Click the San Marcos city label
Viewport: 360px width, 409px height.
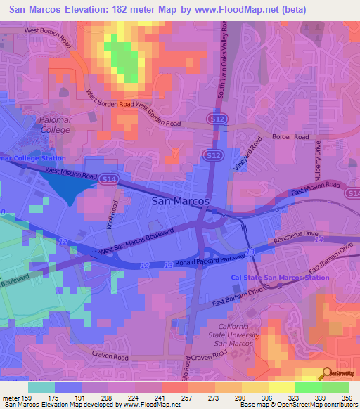coord(181,201)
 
